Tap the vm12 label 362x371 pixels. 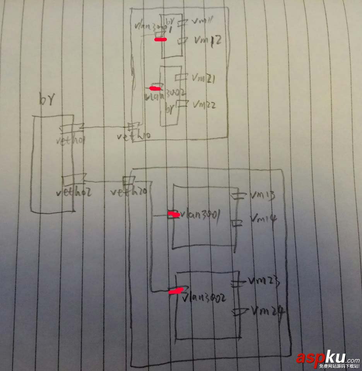(207, 40)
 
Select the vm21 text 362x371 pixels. (203, 78)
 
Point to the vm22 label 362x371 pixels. (204, 104)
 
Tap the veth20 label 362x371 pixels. (128, 191)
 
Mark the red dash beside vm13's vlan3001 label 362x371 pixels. (173, 214)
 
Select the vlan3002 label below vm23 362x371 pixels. (205, 298)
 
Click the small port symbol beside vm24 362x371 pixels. (236, 310)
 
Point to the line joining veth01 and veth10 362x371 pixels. (104, 127)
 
